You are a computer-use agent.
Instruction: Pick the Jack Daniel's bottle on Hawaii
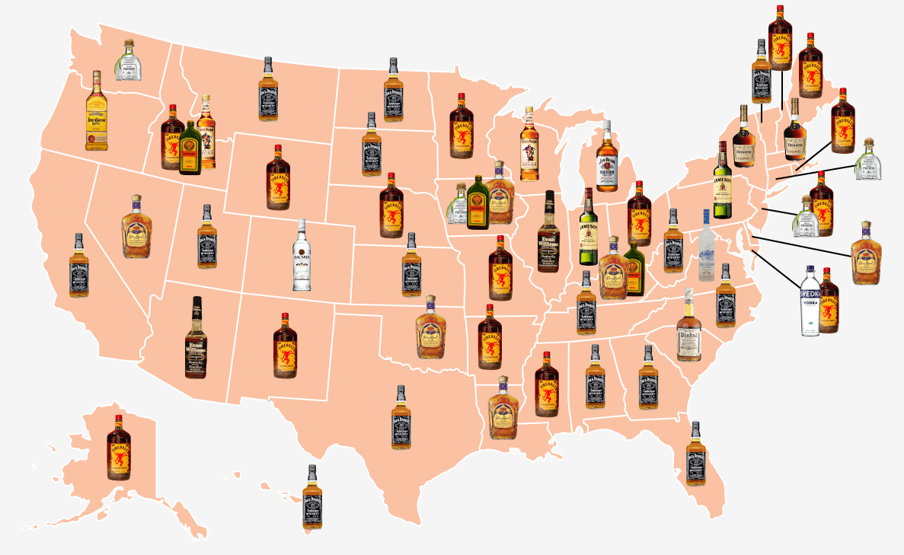[312, 499]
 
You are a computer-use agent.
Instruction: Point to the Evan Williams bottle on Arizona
[196, 339]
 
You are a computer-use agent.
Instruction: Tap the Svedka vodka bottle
[809, 302]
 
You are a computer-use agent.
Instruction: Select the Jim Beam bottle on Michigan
[605, 156]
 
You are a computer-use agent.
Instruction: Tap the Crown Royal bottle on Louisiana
[503, 409]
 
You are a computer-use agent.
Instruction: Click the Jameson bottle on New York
[722, 180]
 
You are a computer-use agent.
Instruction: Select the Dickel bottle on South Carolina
[688, 325]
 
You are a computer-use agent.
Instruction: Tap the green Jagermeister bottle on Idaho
[190, 149]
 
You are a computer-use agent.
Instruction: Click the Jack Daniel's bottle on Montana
[268, 90]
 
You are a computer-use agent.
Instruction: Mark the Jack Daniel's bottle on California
[79, 266]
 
